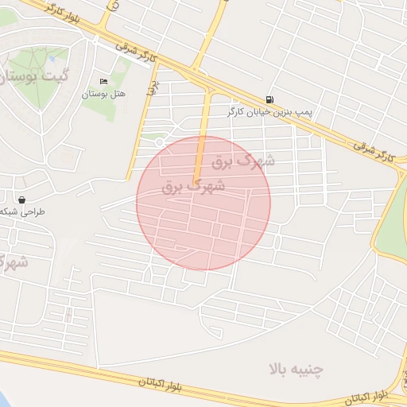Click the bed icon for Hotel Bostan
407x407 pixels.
click(x=103, y=82)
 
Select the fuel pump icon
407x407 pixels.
click(x=270, y=99)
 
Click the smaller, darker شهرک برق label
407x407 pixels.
click(x=193, y=188)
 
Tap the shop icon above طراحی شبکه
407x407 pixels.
click(x=21, y=200)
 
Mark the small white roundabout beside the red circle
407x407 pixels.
click(x=160, y=142)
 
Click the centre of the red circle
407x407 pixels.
click(x=203, y=203)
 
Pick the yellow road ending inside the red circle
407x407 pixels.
click(x=201, y=143)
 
